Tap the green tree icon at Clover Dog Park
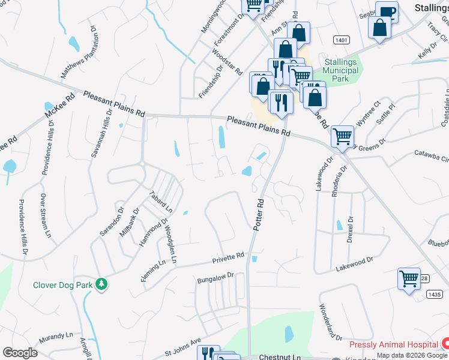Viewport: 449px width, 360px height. [102, 284]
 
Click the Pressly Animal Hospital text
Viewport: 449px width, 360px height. [393, 345]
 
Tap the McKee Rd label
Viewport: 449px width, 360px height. [60, 103]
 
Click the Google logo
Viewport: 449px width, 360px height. [20, 353]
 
